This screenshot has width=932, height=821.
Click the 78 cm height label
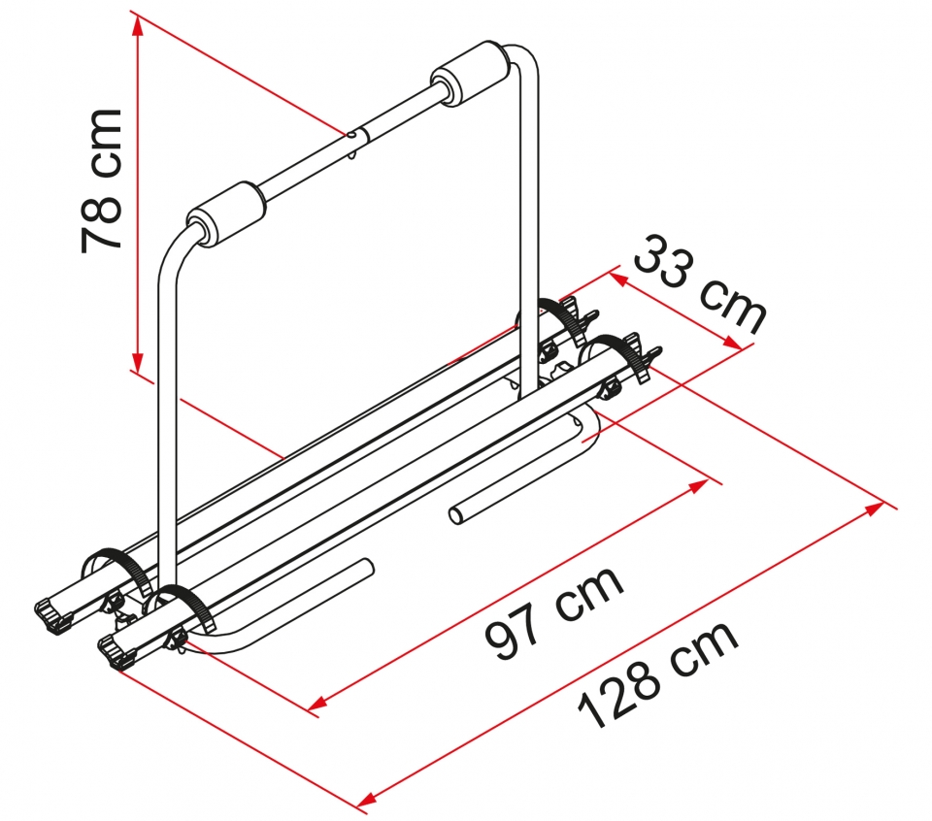pyautogui.click(x=101, y=181)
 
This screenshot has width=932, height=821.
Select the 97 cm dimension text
pyautogui.click(x=554, y=611)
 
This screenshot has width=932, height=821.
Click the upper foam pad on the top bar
pyautogui.click(x=470, y=74)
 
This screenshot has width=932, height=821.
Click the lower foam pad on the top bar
pyautogui.click(x=226, y=213)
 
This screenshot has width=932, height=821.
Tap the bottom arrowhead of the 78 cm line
pyautogui.click(x=137, y=362)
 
